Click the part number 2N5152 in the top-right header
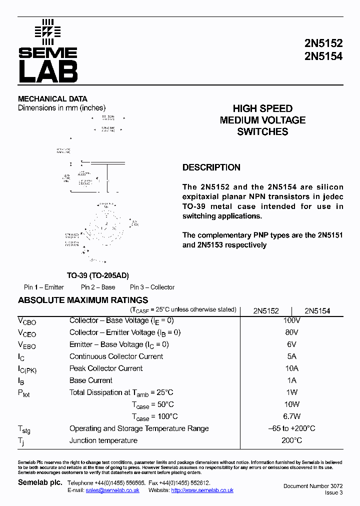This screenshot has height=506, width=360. [x=323, y=44]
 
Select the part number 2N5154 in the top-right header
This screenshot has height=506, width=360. [x=323, y=56]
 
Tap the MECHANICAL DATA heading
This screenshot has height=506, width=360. [x=52, y=99]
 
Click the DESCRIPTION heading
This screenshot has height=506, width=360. [x=211, y=167]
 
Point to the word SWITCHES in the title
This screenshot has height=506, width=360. [x=262, y=132]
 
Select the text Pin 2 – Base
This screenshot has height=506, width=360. [x=98, y=287]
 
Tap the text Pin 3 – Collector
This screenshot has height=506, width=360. [x=152, y=287]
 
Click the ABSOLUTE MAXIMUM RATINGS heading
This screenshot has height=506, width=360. [x=83, y=300]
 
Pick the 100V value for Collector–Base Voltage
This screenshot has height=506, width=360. [x=291, y=320]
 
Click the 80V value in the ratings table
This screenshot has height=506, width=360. [x=291, y=332]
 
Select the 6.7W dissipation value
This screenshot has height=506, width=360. [x=291, y=416]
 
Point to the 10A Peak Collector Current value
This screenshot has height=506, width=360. [x=291, y=368]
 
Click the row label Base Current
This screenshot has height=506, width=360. [x=90, y=380]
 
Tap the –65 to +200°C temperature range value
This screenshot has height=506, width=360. [x=291, y=428]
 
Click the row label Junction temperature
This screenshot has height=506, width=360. [x=103, y=440]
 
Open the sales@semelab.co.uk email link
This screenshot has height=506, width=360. [x=112, y=490]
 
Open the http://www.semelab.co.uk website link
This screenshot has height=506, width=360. [x=202, y=490]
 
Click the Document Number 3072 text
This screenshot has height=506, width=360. [x=313, y=486]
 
